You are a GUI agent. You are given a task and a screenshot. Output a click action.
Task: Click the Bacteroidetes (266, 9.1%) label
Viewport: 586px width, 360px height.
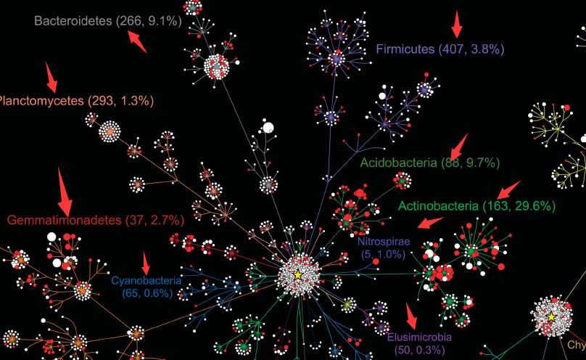(x=107, y=22)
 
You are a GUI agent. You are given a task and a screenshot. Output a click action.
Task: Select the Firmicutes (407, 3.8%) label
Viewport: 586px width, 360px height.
(x=439, y=49)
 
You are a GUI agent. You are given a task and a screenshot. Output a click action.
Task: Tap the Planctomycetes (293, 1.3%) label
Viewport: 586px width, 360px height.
(x=75, y=101)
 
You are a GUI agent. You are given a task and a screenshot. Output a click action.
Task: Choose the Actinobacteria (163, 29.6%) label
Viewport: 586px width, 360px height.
(x=476, y=206)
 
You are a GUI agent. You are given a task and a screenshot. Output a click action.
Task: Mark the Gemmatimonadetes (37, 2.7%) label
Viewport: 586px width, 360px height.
(x=95, y=219)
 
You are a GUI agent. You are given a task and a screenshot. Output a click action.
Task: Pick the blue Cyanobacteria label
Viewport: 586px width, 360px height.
(x=146, y=279)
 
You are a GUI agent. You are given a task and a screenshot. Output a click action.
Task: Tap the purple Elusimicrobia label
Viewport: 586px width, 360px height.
(x=419, y=337)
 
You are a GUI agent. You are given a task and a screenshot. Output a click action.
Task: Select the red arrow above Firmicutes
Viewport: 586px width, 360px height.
(x=456, y=23)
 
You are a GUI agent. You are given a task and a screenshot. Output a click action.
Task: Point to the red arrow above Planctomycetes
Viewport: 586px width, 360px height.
(x=51, y=75)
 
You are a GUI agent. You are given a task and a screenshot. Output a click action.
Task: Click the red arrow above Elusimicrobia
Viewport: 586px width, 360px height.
(x=411, y=316)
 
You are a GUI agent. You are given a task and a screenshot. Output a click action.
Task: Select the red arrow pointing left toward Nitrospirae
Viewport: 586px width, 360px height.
(x=432, y=221)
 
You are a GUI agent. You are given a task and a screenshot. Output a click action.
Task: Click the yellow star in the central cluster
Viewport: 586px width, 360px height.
(x=297, y=274)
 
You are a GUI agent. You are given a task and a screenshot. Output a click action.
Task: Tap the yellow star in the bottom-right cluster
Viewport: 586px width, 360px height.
(x=551, y=317)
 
